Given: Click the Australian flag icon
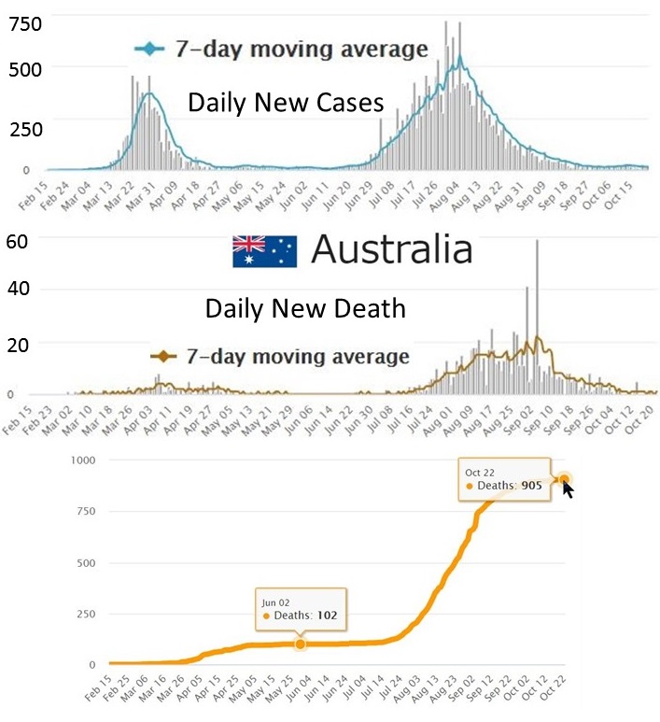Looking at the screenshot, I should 264,251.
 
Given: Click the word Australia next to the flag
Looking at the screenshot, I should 391,250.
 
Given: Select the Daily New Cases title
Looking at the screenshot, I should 286,103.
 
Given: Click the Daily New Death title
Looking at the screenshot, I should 305,307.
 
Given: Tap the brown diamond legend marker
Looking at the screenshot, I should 164,356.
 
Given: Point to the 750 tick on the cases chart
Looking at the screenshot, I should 25,24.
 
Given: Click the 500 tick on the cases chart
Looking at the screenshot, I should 25,68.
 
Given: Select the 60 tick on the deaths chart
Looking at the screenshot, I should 17,240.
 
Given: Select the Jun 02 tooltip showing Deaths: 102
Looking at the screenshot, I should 301,608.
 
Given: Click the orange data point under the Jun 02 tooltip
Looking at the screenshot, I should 300,644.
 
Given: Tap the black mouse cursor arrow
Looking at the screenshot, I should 568,487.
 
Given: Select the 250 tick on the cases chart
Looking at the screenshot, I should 25,130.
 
